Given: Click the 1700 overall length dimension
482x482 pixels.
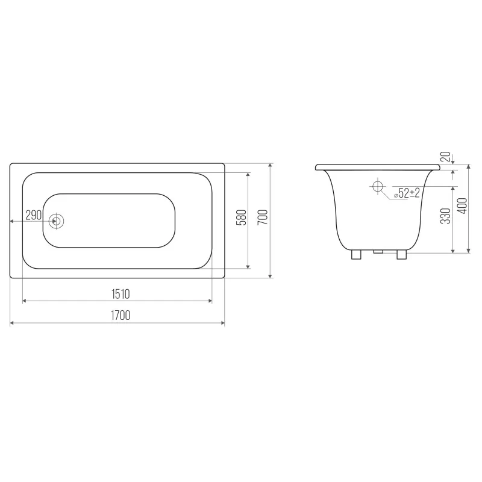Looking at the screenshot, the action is point(120,315).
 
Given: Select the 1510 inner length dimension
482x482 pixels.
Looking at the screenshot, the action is point(120,294).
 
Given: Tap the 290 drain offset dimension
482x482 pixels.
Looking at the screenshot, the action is point(34,215).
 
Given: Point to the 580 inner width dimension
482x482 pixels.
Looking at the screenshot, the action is point(242,218).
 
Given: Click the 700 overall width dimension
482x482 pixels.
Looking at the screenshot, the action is point(263,217).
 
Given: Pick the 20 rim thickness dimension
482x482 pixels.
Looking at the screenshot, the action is point(445,157).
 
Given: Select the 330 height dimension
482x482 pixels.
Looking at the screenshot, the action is point(445,216).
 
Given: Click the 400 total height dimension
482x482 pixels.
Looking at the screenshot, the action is point(462,205).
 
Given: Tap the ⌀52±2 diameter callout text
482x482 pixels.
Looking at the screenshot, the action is point(407,193).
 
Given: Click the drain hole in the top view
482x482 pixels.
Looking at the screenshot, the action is point(56,221).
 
